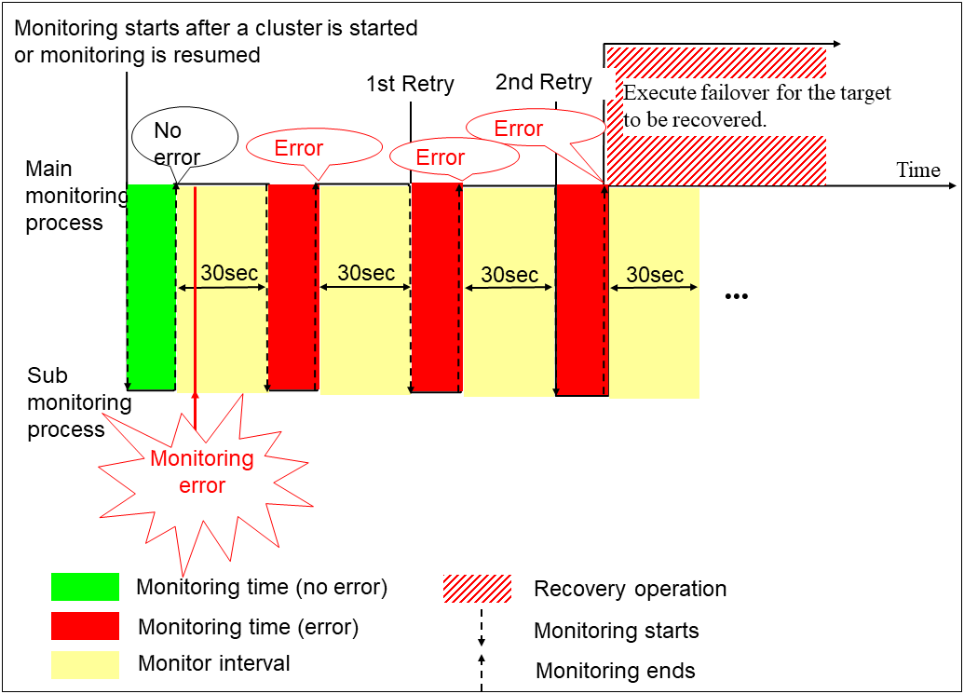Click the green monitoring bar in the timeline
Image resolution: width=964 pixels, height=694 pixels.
tap(151, 287)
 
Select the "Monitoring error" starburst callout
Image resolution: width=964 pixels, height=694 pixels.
tap(202, 471)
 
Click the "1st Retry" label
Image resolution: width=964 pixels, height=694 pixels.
tap(410, 85)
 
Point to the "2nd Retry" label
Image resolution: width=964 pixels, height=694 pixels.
tap(543, 82)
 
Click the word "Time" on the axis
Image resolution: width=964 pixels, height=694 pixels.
tap(918, 170)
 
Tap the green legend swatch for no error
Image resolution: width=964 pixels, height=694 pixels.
tap(85, 587)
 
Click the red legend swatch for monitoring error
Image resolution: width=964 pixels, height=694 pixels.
tap(85, 626)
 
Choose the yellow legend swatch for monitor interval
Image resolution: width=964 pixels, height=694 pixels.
tap(85, 664)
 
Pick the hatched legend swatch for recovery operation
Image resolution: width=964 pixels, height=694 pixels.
tap(477, 589)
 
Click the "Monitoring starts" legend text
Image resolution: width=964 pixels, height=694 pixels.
tap(616, 631)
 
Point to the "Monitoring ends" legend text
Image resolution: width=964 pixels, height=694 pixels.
tap(615, 671)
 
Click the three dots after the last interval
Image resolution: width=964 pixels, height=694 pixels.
tap(737, 297)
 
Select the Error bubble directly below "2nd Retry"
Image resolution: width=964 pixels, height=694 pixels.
tap(518, 129)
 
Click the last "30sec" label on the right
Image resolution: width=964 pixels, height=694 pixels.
tap(655, 275)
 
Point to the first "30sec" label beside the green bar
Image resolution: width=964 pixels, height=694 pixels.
tap(228, 274)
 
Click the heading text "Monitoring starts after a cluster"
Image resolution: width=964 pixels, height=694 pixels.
tap(216, 29)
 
